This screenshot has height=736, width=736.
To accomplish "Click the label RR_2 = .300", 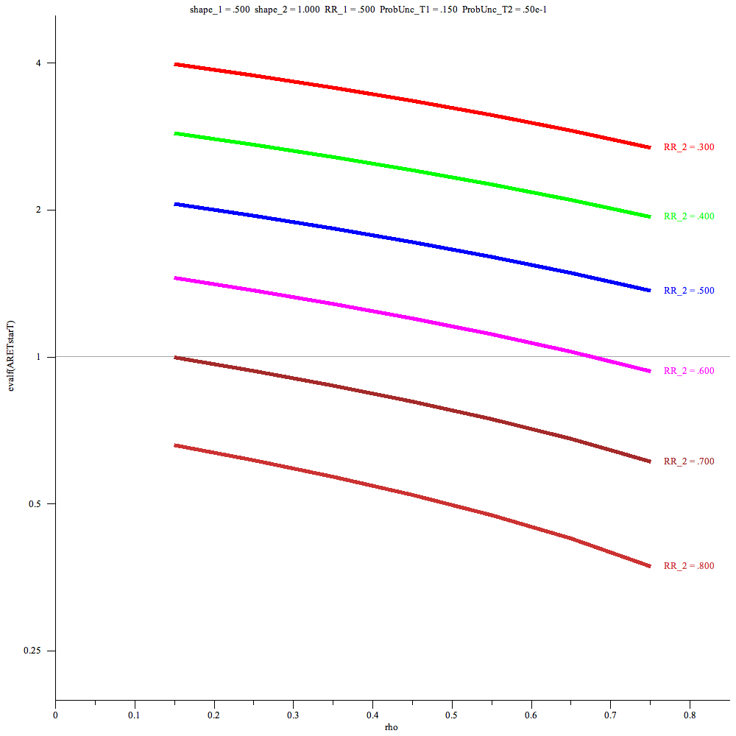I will tap(689, 147).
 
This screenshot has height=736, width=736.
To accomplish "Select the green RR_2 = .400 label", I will tap(689, 216).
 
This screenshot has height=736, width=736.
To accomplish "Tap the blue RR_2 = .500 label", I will tap(689, 291).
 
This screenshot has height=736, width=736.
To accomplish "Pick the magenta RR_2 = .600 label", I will tap(689, 371).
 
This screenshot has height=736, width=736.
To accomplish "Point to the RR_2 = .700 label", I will tap(689, 461).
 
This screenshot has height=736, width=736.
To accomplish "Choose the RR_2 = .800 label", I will tap(689, 566).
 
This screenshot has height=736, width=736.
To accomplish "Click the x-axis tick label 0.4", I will tap(372, 714).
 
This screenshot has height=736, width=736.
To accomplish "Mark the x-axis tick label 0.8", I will tap(690, 714).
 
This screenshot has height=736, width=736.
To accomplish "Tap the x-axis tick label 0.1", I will tap(135, 714).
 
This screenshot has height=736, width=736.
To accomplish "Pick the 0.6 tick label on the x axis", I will tap(531, 714).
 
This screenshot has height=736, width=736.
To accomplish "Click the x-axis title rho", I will tap(392, 727).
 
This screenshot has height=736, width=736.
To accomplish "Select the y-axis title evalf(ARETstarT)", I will tap(10, 357).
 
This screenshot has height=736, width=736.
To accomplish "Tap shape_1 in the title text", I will tap(206, 8).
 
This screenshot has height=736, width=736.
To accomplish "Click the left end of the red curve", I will tap(175, 65).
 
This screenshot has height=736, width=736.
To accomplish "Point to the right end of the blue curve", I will tap(650, 290).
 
